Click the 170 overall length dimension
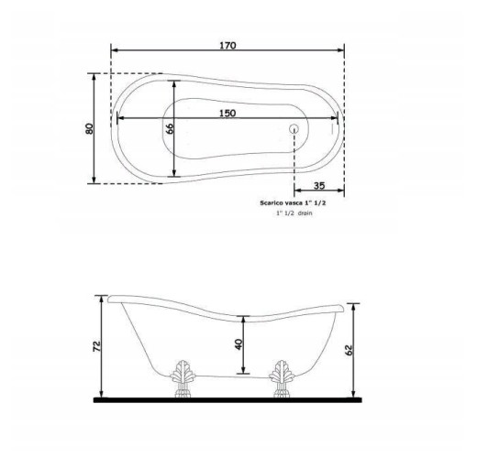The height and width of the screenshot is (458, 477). click(227, 46)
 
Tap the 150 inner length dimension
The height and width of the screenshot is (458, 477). click(227, 114)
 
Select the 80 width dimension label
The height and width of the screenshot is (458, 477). click(89, 128)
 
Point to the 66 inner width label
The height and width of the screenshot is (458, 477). click(170, 128)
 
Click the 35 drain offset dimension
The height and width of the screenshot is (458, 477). click(319, 186)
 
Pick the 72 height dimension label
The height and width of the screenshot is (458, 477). click(96, 346)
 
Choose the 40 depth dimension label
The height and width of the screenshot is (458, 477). click(238, 344)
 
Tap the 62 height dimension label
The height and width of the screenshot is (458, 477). click(349, 350)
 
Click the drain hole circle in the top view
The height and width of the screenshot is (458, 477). click(294, 129)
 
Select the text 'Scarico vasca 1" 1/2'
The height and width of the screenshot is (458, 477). click(293, 202)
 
